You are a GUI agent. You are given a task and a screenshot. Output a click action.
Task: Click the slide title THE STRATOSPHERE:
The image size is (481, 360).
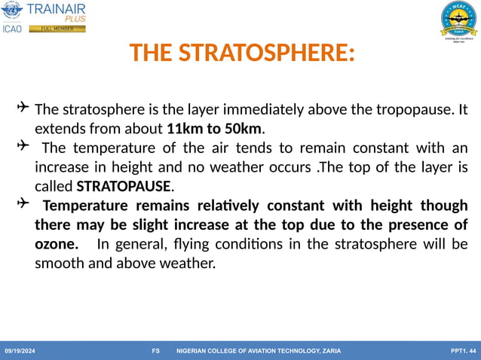click(241, 53)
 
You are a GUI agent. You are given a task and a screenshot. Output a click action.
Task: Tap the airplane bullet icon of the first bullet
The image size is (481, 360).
click(23, 108)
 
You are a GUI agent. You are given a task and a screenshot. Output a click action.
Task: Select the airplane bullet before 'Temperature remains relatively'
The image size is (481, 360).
click(23, 203)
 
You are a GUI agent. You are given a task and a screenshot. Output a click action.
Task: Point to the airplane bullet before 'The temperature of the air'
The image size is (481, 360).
click(23, 145)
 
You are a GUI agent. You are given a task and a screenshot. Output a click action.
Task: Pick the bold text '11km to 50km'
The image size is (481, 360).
click(215, 127)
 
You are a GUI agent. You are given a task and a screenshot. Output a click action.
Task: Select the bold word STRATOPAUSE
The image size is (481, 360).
click(124, 185)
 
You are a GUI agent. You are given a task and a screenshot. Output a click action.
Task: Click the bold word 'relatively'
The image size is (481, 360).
click(230, 205)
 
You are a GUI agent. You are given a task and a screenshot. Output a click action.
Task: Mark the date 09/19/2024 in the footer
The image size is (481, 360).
click(20, 351)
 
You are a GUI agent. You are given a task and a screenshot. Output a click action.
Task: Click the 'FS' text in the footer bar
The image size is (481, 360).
click(155, 351)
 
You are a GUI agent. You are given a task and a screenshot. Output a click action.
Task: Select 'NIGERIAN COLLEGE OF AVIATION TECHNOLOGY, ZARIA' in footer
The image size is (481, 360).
click(258, 351)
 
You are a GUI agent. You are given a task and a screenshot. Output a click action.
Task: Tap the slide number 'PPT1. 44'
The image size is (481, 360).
click(461, 351)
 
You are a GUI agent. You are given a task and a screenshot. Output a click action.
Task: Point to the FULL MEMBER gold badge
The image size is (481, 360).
click(57, 29)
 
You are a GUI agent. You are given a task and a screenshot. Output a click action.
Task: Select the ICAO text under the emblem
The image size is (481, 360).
click(13, 29)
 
